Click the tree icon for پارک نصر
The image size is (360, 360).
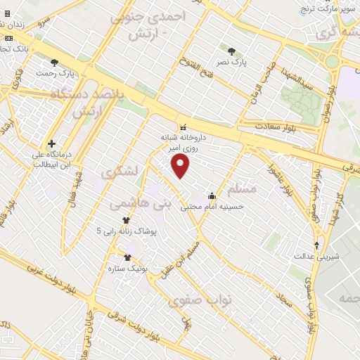click(232, 51)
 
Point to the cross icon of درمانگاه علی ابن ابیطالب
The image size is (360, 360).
click(51, 143)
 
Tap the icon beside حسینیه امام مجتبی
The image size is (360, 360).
click(212, 195)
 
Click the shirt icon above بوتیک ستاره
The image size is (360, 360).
click(127, 257)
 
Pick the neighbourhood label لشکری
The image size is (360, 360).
click(120, 172)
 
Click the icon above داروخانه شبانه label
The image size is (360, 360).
click(183, 128)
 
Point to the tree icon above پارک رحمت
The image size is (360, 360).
click(54, 63)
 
